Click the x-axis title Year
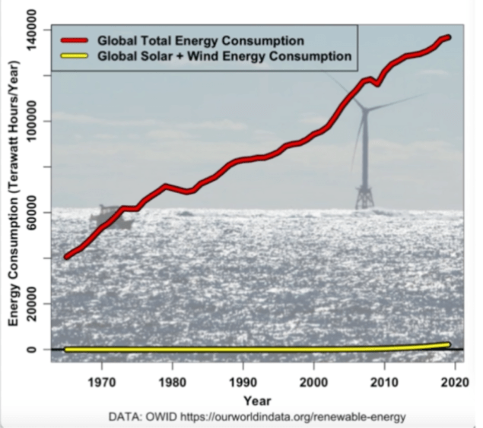(256, 399)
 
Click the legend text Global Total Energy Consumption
(197, 40)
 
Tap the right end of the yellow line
(447, 344)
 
